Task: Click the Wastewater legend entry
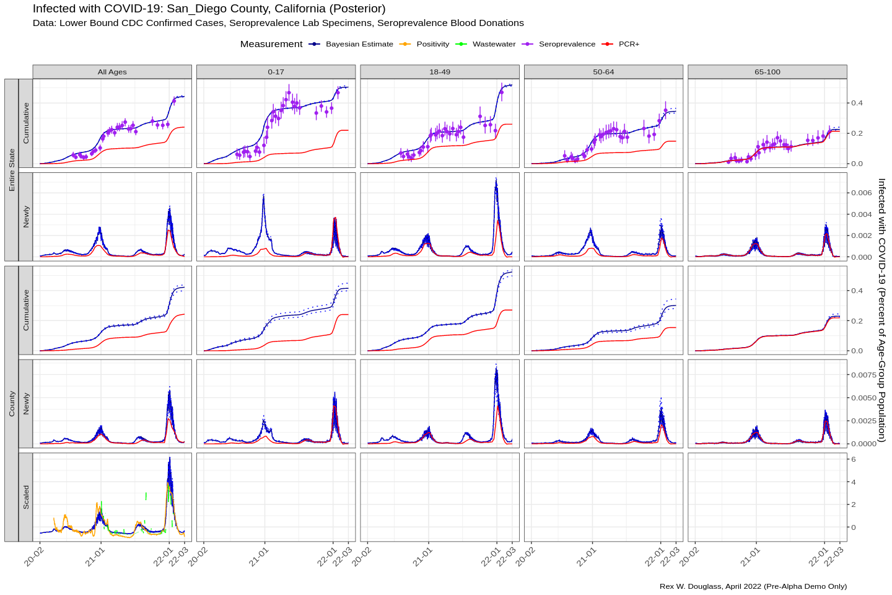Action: click(494, 44)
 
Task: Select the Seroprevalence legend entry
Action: click(567, 44)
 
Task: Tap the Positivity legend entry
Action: click(432, 44)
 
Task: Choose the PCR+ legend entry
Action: click(629, 44)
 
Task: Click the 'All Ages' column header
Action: click(112, 72)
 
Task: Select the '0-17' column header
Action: click(276, 72)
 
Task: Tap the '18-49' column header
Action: click(440, 72)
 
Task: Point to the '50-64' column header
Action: click(603, 72)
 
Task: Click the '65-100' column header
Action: click(767, 72)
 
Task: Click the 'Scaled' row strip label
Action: click(26, 497)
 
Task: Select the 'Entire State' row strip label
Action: click(12, 170)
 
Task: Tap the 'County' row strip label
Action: click(12, 403)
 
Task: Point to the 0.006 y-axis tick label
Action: click(861, 193)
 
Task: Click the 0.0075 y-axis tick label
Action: click(864, 375)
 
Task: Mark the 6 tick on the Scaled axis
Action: click(854, 459)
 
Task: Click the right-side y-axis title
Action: click(881, 310)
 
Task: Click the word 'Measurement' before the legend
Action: click(271, 44)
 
